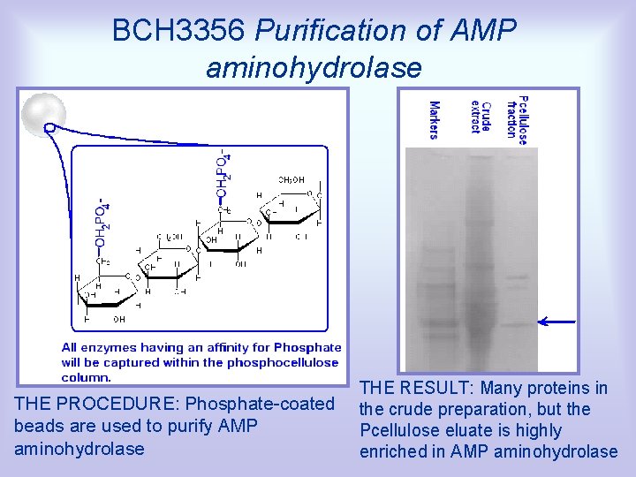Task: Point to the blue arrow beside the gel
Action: (x=556, y=322)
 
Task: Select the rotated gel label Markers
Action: (x=434, y=120)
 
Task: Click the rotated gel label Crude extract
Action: (x=481, y=115)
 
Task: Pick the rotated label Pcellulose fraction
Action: (x=517, y=117)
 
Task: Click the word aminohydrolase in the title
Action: (x=314, y=67)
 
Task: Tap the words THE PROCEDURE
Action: (x=87, y=405)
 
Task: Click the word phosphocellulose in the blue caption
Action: (x=283, y=362)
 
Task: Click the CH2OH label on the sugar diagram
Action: (x=291, y=179)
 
